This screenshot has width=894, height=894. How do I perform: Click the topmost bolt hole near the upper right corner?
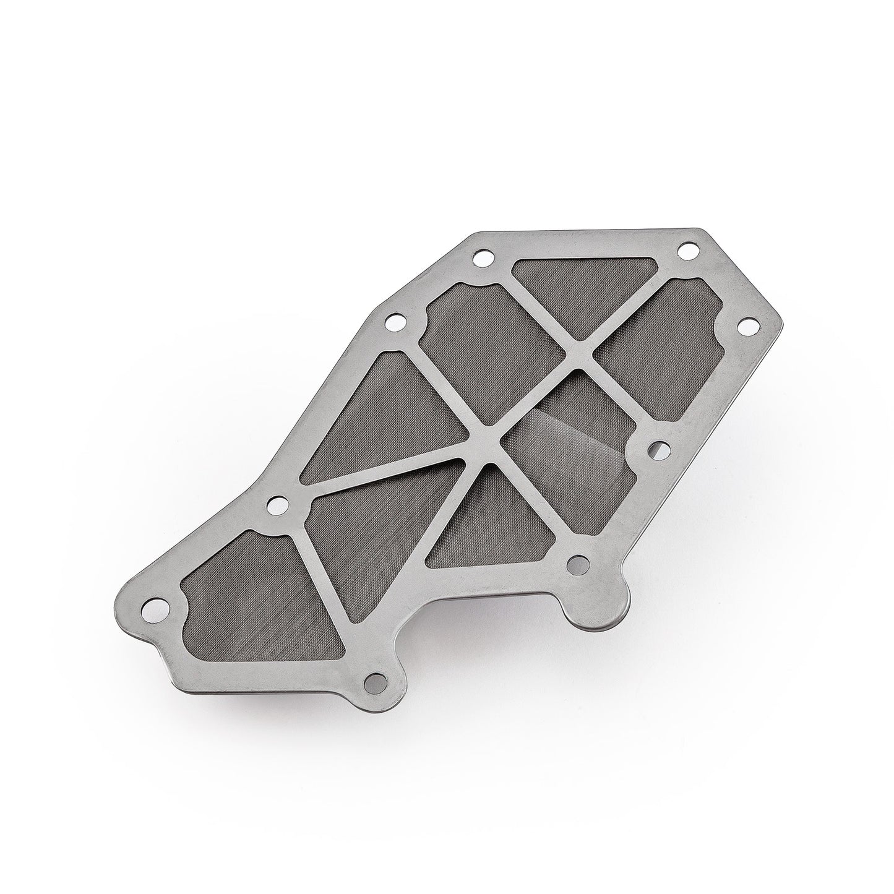[685, 252]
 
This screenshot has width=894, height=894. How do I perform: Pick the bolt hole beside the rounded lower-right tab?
[578, 562]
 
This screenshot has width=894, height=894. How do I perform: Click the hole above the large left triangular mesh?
[392, 321]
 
